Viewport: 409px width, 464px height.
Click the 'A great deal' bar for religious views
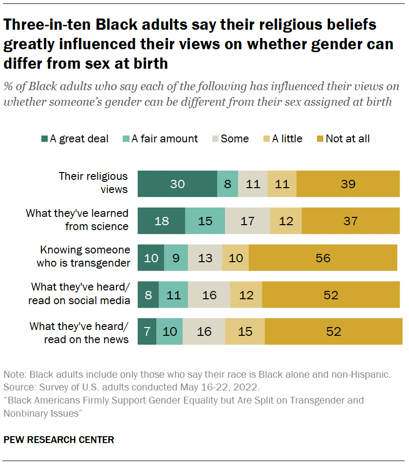177,184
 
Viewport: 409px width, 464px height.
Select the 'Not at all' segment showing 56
323,258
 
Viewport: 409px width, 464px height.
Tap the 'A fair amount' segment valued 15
205,221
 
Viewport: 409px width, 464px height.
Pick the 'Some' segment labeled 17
247,221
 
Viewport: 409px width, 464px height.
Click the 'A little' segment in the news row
245,332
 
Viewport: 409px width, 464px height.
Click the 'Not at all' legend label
348,139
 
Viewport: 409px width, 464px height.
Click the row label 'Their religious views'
93,182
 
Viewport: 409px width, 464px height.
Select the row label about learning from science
77,220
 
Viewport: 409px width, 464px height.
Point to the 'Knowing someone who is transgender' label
85,257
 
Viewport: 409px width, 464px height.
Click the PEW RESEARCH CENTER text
58,440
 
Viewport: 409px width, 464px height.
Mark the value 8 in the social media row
148,295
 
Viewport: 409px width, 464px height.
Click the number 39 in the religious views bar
348,184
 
